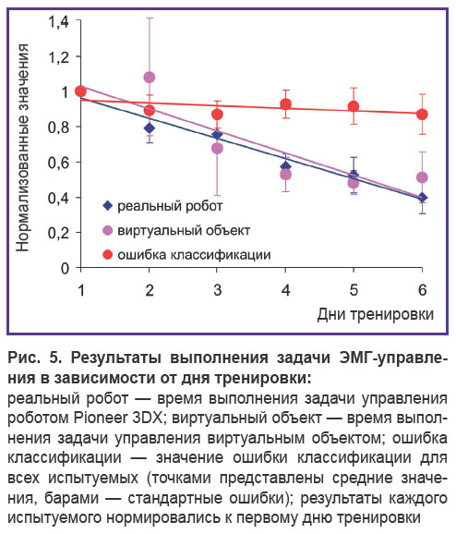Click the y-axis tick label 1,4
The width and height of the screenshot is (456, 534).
(58, 22)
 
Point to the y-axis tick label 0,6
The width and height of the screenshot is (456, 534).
(58, 163)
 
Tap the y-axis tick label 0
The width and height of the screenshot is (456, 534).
(65, 268)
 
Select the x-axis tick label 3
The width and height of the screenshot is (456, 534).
(218, 290)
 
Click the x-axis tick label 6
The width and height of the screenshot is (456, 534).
(423, 290)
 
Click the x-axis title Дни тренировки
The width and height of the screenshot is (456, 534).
(376, 314)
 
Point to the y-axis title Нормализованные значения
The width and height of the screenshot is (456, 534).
(23, 148)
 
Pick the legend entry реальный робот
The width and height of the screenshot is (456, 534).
(162, 206)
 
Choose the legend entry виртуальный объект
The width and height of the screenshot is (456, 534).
(176, 231)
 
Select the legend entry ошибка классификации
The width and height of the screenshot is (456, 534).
(186, 255)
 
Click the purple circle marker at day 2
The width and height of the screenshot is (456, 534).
(149, 78)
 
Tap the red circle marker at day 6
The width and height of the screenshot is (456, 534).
(422, 115)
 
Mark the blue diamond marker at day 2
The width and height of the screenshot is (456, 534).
(149, 128)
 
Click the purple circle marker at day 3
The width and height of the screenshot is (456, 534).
(218, 149)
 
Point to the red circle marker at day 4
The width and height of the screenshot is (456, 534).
(285, 104)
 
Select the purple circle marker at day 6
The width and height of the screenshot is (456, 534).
(422, 177)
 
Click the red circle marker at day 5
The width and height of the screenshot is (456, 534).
(354, 106)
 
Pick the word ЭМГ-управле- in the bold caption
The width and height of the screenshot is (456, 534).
(393, 358)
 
